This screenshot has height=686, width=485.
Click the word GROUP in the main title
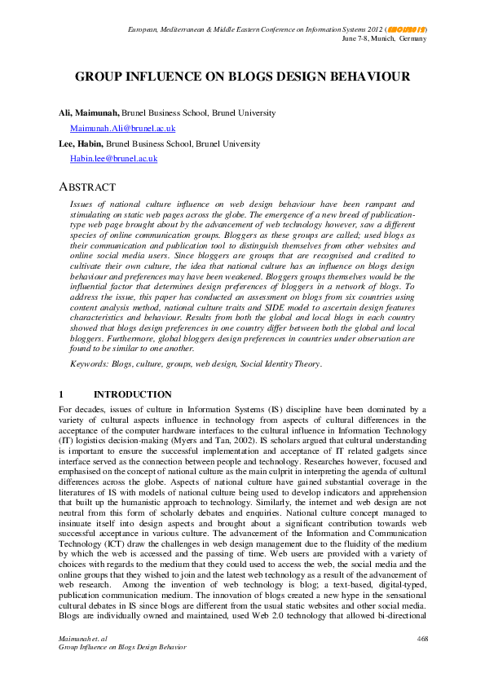pos(101,78)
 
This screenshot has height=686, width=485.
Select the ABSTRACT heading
pos(87,187)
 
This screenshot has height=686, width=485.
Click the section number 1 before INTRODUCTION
pos(61,394)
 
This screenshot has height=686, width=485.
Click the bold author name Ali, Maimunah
pos(89,112)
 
